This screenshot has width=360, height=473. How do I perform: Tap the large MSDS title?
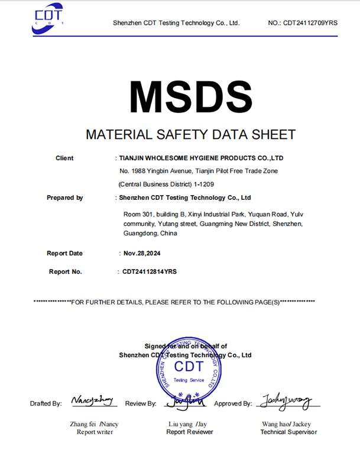click(190, 95)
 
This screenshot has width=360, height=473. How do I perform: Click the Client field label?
click(64, 158)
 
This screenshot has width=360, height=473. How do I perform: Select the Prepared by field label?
click(64, 197)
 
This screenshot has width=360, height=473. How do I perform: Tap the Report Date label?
click(64, 253)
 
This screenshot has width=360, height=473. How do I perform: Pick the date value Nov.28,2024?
click(142, 253)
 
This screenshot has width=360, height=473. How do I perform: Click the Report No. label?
click(65, 271)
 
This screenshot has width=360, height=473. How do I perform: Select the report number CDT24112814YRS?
click(149, 271)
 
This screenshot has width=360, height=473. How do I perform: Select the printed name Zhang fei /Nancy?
click(94, 424)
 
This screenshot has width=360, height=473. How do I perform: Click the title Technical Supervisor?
click(288, 432)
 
